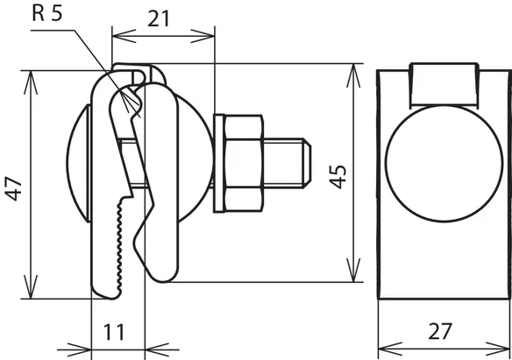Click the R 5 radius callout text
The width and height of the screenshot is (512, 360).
pos(47,13)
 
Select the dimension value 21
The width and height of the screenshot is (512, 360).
pos(159,19)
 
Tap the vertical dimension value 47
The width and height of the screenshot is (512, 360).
pos(14,188)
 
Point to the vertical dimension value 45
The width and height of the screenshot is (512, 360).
pos(338,177)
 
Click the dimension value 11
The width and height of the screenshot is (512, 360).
pos(114,332)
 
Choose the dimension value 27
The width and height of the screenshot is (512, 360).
pos(440,331)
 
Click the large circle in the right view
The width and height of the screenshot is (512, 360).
pos(444,164)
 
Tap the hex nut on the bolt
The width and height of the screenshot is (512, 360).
pos(244,164)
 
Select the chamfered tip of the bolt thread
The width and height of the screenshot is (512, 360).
pos(307,164)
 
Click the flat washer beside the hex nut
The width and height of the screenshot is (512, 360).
pos(219,164)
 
